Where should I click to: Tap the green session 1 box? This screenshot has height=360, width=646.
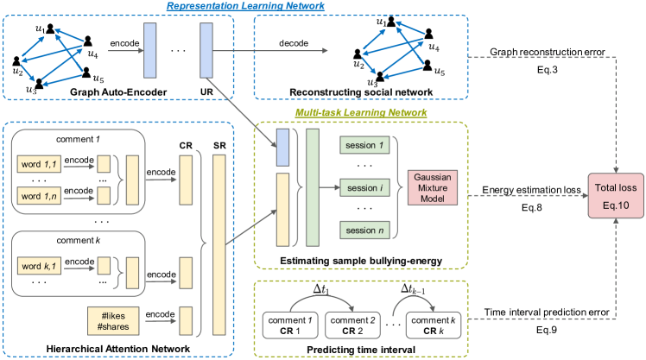point(364,144)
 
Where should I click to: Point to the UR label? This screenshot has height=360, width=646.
point(206,90)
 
